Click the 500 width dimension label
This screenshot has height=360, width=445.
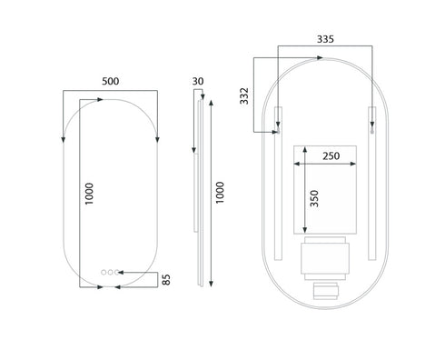(x=111, y=81)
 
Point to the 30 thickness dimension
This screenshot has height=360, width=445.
(x=198, y=81)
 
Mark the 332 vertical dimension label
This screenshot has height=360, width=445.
(x=244, y=95)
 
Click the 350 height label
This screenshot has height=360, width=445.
(x=314, y=200)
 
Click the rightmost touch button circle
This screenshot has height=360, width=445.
(x=116, y=271)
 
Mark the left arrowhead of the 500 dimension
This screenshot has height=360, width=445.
(x=64, y=139)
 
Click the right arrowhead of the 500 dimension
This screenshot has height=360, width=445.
(x=157, y=139)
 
